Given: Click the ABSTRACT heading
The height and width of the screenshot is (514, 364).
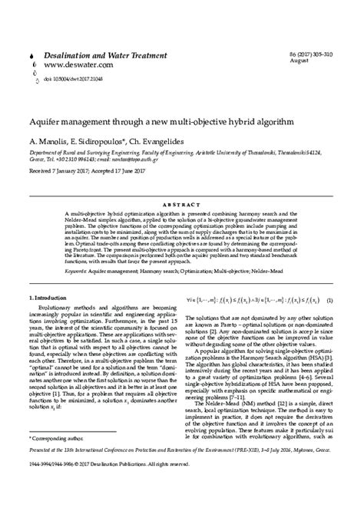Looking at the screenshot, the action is click(x=181, y=184).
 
